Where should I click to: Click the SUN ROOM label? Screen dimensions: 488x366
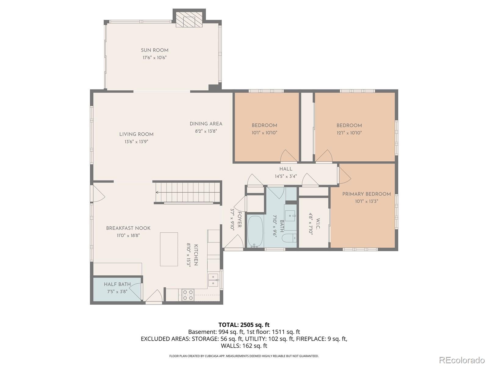click(155, 50)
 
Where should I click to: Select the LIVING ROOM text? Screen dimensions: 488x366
click(136, 134)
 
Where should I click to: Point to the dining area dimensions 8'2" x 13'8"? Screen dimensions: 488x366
click(206, 131)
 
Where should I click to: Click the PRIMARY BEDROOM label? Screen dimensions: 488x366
click(366, 194)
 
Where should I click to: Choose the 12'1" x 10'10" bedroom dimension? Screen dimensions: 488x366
click(349, 133)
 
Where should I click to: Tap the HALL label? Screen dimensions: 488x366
click(286, 169)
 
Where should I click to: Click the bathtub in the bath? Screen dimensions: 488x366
click(255, 231)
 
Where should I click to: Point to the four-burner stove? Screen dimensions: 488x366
click(188, 295)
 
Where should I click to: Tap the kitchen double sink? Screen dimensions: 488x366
click(213, 280)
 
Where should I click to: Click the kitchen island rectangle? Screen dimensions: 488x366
click(169, 249)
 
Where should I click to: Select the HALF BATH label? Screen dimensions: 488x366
click(117, 284)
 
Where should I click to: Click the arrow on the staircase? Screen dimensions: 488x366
click(188, 192)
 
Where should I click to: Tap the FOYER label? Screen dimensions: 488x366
click(239, 220)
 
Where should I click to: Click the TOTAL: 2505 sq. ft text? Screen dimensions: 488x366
click(244, 325)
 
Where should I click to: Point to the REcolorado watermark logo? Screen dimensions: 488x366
click(462, 360)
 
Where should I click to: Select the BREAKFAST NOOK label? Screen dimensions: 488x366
click(128, 228)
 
